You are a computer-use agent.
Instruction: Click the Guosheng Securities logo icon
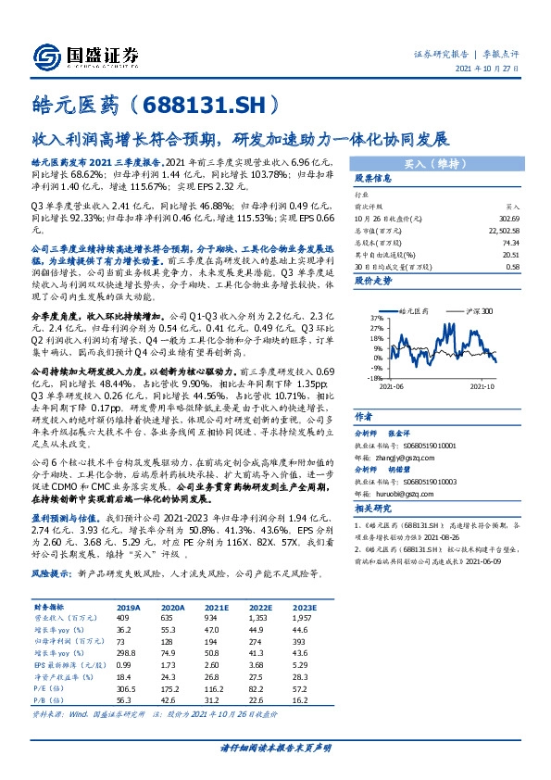(46, 55)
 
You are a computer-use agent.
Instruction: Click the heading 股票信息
(373, 176)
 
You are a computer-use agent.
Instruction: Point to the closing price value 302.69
(507, 219)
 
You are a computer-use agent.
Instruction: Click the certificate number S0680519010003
(429, 482)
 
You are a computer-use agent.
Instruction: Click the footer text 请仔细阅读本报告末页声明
(275, 747)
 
